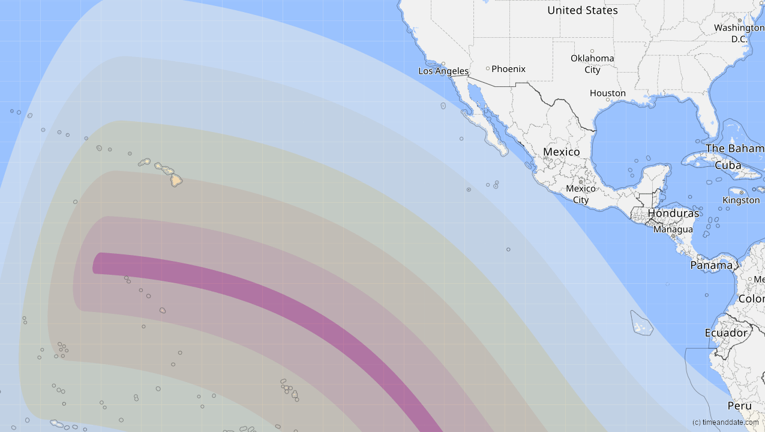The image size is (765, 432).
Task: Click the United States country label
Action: click(582, 10)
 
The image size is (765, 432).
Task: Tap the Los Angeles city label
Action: click(443, 71)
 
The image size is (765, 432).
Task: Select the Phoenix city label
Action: click(508, 69)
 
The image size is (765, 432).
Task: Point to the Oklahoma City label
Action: click(592, 64)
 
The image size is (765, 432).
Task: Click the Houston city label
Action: click(607, 93)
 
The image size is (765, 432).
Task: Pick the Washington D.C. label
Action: click(739, 34)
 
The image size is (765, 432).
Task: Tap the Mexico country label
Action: click(561, 152)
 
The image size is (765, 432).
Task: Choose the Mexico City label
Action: click(581, 194)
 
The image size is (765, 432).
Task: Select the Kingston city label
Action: click(741, 200)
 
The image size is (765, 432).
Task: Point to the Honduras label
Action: click(673, 214)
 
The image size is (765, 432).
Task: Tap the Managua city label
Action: click(673, 229)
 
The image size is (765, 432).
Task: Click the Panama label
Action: click(711, 265)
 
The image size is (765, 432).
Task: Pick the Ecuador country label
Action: click(726, 333)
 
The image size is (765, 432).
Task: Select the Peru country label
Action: click(739, 406)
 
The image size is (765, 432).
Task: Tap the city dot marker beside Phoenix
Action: click(488, 68)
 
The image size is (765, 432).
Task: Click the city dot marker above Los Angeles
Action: click(443, 64)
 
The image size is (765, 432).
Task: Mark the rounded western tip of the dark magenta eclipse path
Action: click(95, 263)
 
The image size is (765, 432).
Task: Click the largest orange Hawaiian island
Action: click(176, 179)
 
